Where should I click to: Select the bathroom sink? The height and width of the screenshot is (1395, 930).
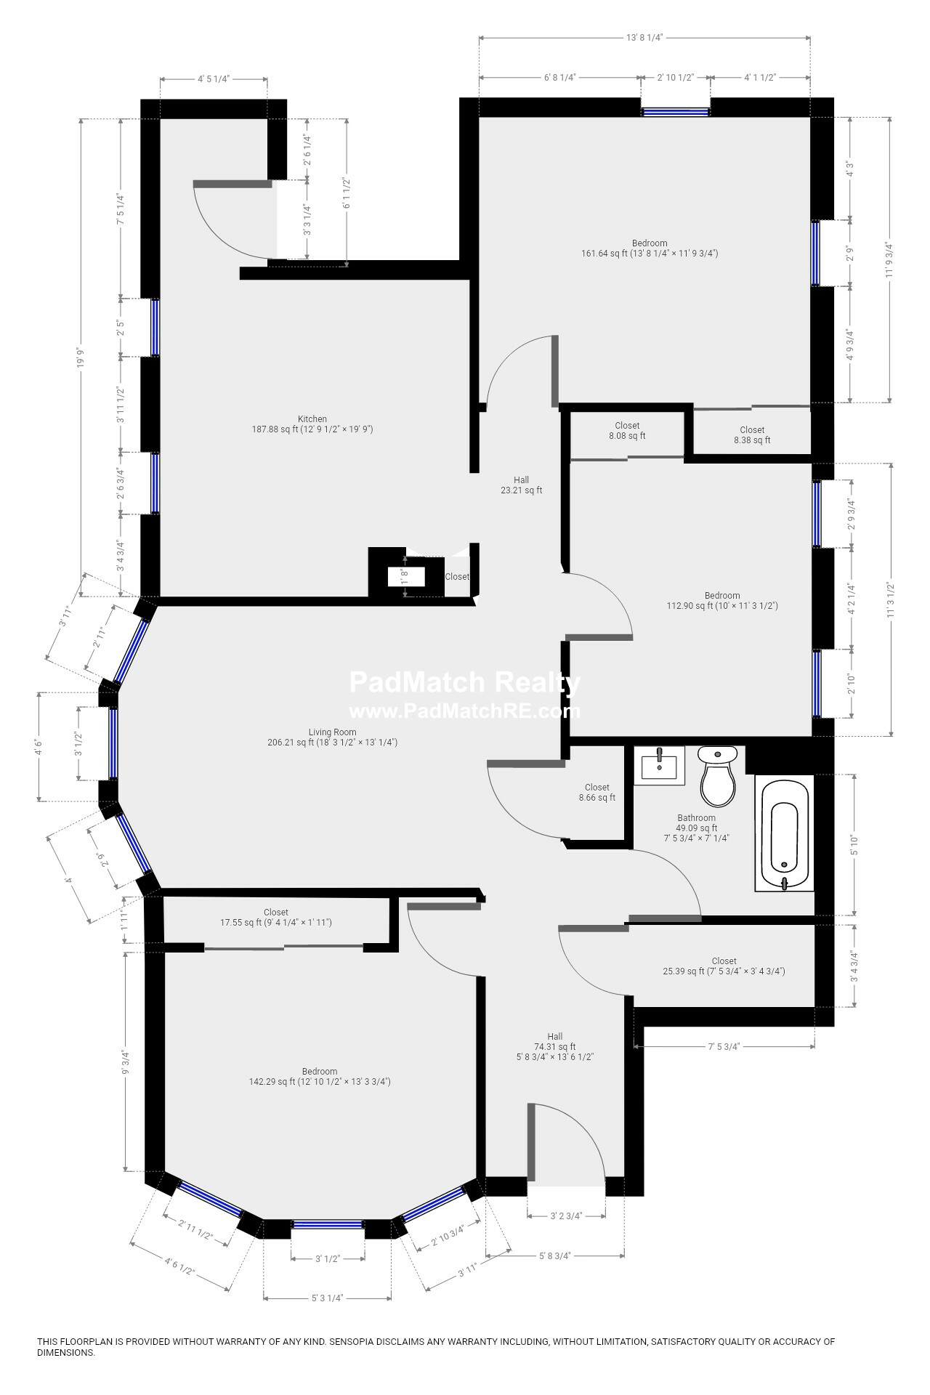click(659, 766)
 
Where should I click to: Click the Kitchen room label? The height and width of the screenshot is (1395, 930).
click(312, 424)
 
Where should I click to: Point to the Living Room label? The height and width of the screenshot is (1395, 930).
click(332, 737)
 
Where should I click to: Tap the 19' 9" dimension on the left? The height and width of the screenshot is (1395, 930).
click(81, 357)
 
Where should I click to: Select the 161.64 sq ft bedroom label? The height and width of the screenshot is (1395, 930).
click(649, 248)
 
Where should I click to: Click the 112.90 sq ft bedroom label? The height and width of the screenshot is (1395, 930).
click(721, 600)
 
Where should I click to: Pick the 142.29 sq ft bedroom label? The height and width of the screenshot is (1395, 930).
click(320, 1077)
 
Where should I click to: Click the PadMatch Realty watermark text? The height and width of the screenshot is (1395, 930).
click(464, 683)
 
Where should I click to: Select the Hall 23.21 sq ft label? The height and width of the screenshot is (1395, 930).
click(521, 485)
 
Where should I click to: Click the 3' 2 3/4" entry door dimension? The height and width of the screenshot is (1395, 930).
click(566, 1215)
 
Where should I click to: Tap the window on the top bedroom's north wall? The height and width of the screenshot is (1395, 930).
click(676, 112)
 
